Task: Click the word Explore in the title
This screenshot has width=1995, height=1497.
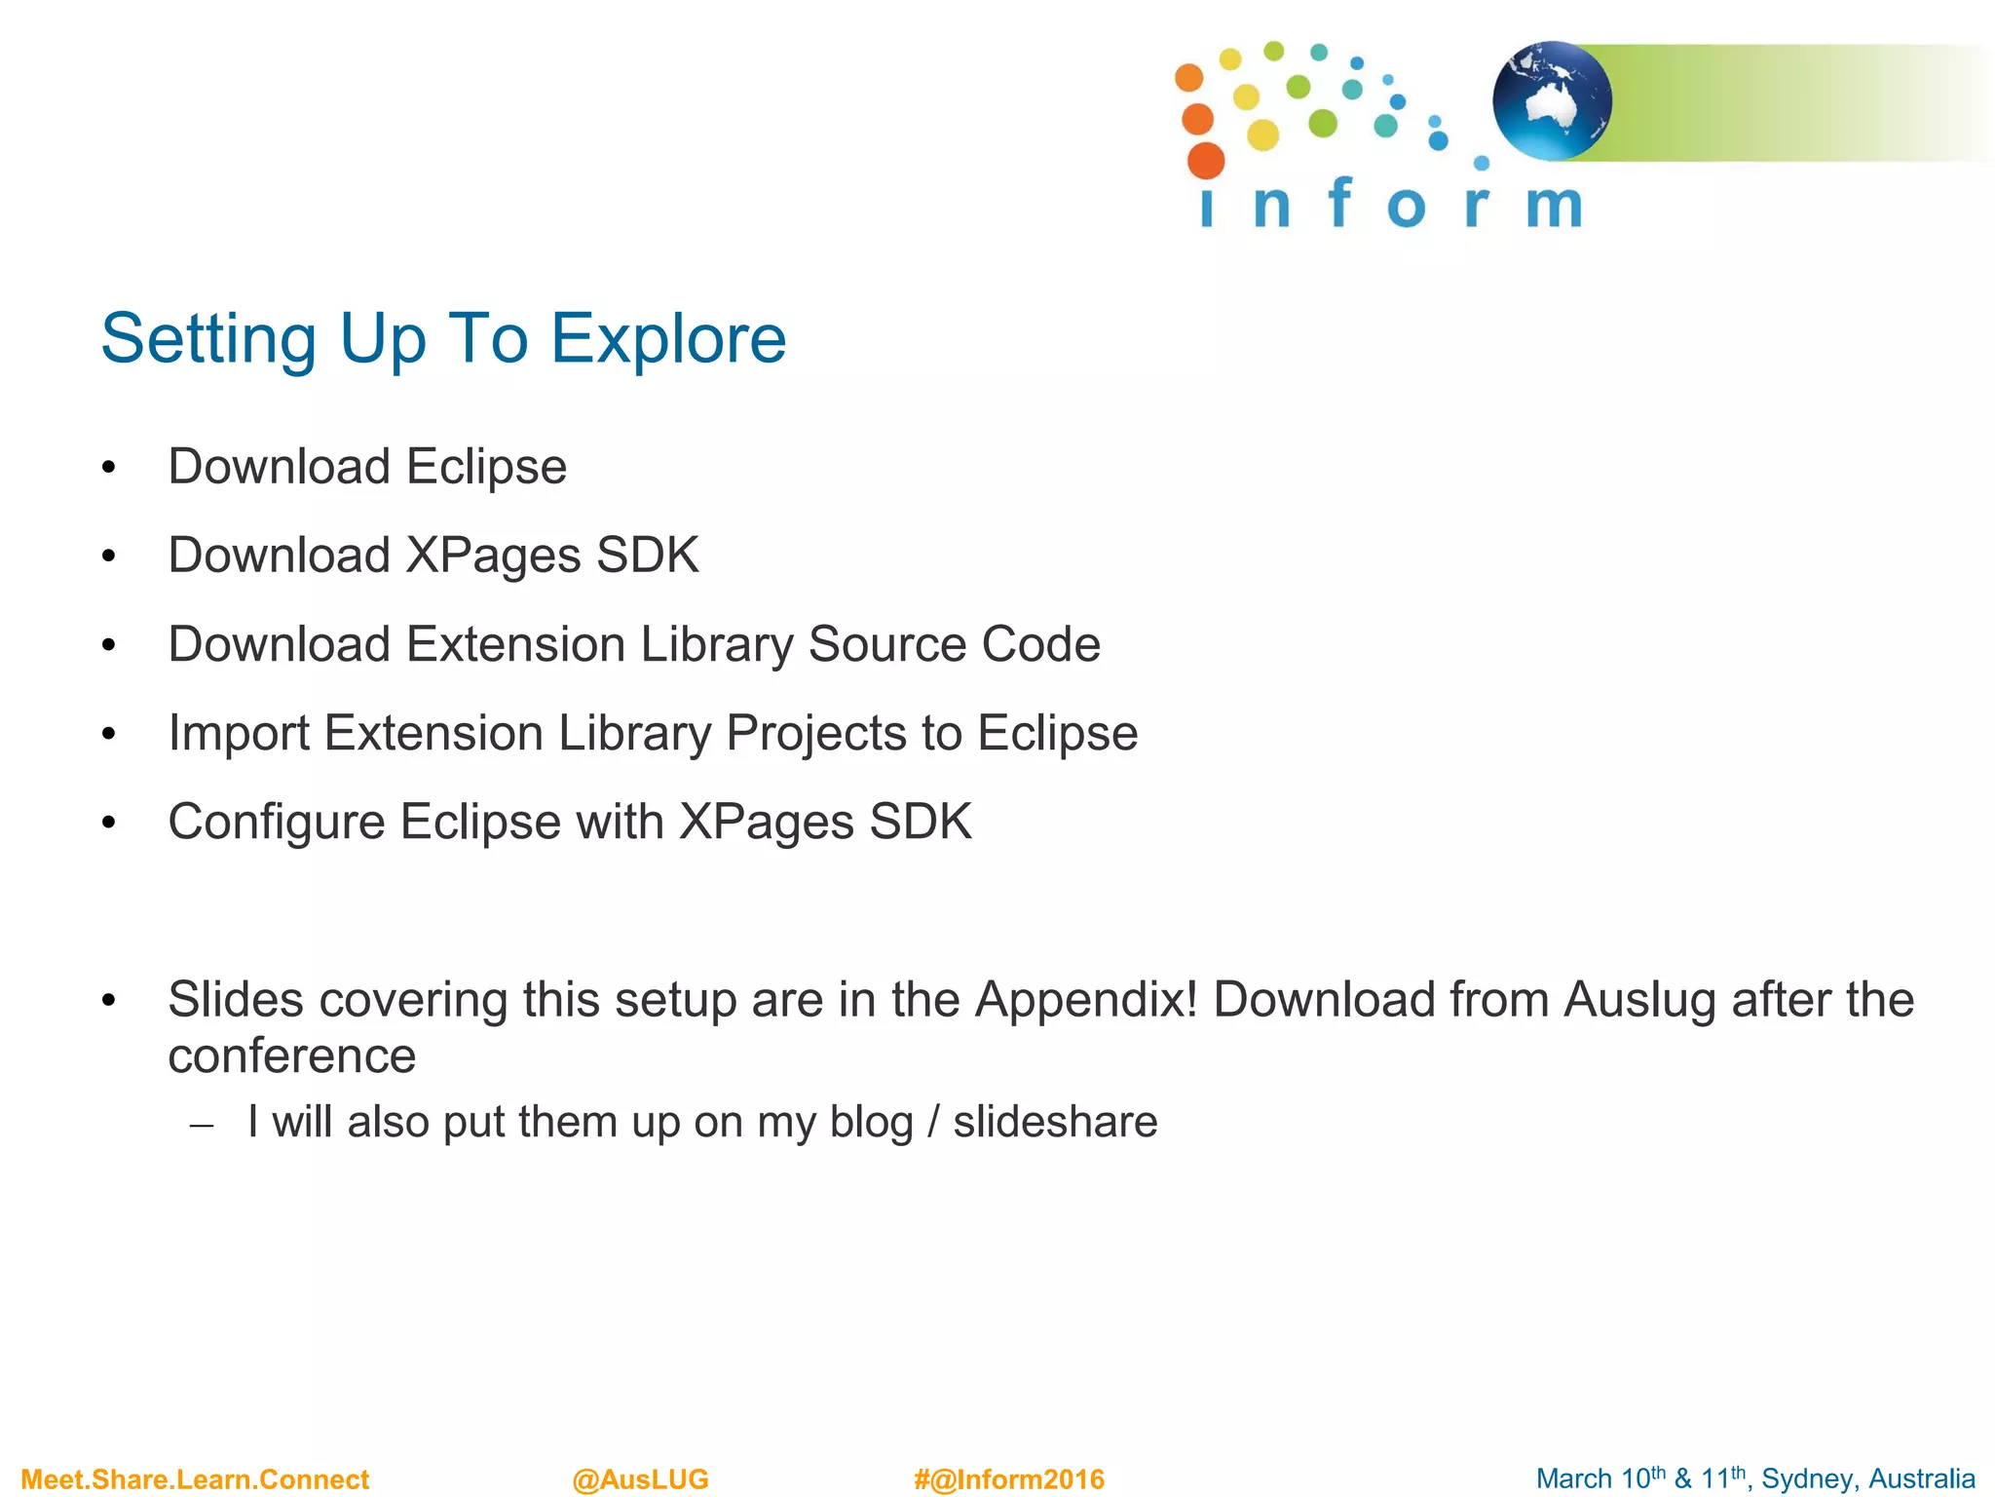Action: (x=668, y=339)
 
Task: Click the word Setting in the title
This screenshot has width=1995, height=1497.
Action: (x=208, y=339)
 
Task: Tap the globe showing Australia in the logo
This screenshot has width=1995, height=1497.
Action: (x=1552, y=101)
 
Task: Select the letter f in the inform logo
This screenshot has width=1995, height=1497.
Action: (x=1340, y=203)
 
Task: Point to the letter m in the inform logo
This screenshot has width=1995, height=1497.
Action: (x=1553, y=206)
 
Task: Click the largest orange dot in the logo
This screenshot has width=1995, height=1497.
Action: (x=1206, y=161)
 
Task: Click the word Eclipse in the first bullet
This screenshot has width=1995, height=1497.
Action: (x=486, y=467)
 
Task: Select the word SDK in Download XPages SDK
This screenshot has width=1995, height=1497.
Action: (x=647, y=556)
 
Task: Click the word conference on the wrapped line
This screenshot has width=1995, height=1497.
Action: (x=292, y=1056)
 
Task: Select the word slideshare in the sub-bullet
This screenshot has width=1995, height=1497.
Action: (x=1055, y=1122)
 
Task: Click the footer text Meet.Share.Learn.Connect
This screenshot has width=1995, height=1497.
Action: (x=195, y=1479)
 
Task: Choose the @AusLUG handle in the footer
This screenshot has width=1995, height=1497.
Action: (x=640, y=1479)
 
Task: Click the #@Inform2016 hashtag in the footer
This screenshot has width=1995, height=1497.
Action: (x=1008, y=1479)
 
